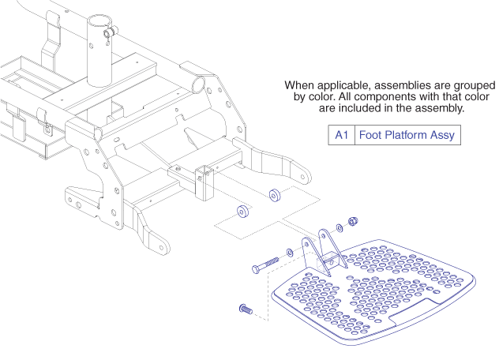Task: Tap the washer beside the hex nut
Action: [340, 227]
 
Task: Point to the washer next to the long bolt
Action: [290, 253]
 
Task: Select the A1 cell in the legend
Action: [342, 135]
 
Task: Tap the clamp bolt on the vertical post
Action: [115, 31]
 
